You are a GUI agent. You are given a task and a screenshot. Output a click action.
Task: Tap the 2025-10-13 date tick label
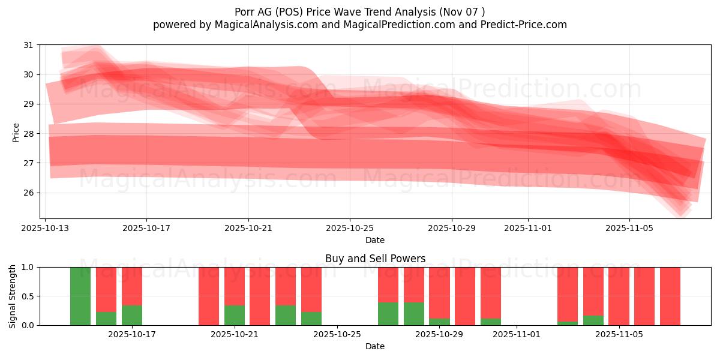[46, 228]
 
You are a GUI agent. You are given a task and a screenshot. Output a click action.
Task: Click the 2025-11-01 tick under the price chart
[528, 228]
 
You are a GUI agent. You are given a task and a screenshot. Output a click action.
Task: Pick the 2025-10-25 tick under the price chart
[350, 228]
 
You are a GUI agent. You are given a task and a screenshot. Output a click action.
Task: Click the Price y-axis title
[16, 132]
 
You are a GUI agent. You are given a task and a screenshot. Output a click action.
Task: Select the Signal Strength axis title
[13, 296]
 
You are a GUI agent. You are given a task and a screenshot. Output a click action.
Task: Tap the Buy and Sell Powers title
[375, 259]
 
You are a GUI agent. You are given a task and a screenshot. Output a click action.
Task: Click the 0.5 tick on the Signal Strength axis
[28, 296]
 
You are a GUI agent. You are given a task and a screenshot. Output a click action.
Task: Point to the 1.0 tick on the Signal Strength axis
[28, 267]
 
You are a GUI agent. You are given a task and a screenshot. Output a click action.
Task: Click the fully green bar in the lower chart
[80, 296]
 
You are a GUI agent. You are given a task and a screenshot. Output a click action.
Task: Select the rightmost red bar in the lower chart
[670, 296]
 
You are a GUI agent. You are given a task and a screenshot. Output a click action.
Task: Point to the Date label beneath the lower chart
[375, 346]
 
